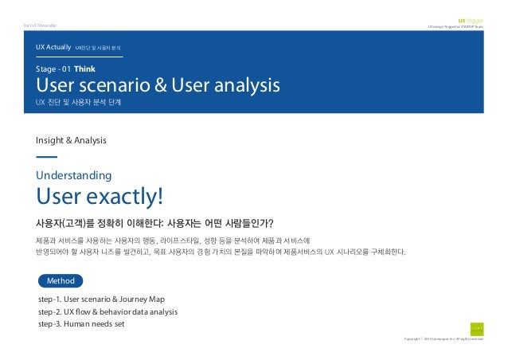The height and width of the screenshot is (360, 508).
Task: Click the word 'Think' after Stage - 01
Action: click(x=85, y=68)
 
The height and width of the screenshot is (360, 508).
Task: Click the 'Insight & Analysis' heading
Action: click(x=71, y=140)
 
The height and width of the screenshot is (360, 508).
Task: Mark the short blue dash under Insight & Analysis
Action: click(x=47, y=158)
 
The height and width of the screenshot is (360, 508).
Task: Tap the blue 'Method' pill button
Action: click(x=61, y=281)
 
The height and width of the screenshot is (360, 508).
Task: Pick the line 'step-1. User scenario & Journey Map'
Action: click(x=101, y=299)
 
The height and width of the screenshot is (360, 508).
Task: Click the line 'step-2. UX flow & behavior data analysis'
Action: click(x=107, y=311)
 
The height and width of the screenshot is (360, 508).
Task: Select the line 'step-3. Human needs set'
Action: click(x=81, y=323)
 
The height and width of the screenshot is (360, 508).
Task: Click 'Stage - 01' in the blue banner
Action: click(x=53, y=68)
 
